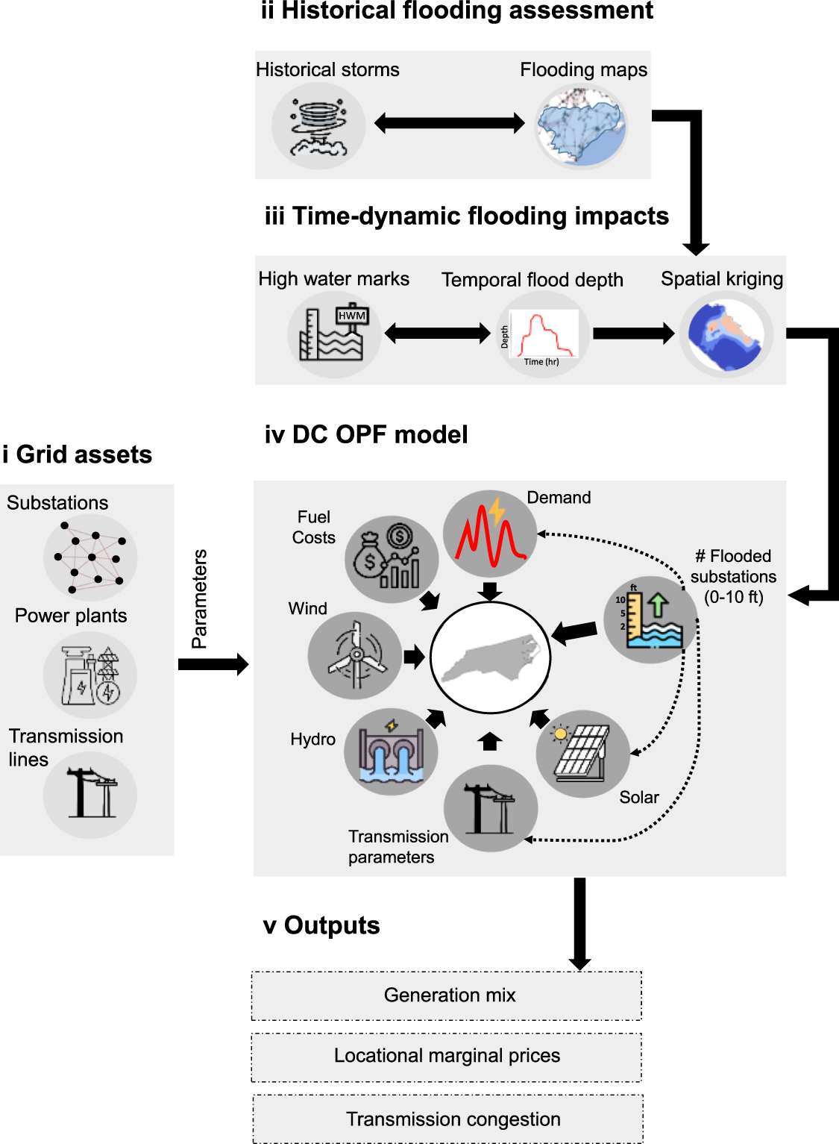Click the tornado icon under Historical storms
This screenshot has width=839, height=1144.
318,126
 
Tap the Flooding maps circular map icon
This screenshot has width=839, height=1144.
581,126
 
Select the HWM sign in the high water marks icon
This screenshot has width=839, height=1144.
352,316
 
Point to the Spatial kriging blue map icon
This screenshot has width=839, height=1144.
726,335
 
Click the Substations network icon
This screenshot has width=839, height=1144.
90,557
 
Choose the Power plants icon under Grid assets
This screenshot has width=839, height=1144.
90,675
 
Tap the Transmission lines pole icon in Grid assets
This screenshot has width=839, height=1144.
90,795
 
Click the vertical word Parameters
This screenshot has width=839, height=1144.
199,598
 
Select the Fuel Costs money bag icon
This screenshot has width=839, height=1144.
391,560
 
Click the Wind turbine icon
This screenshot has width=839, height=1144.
355,656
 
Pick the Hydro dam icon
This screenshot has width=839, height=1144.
391,751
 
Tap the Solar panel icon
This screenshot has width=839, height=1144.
582,754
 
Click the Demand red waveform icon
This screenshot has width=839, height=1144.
490,534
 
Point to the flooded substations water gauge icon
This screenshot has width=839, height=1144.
650,619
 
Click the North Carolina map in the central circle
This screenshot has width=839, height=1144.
490,657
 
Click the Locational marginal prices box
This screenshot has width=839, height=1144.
447,1057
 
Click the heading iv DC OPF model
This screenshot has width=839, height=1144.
365,434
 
